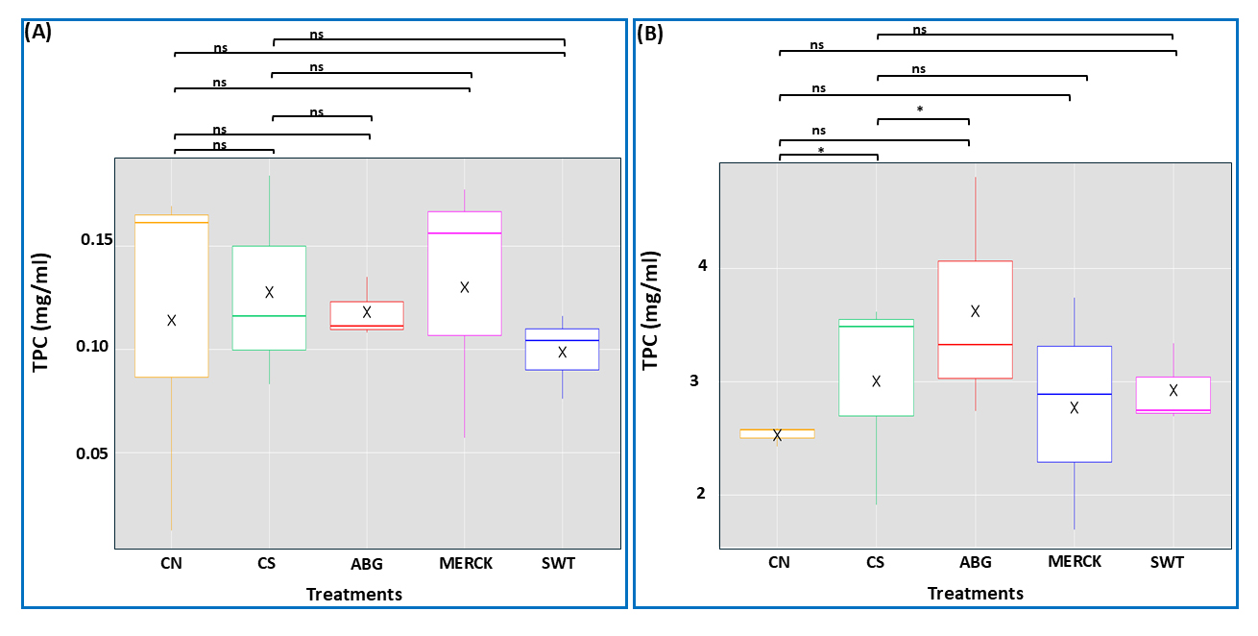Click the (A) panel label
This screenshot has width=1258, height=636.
pyautogui.click(x=39, y=31)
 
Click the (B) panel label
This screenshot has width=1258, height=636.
pyautogui.click(x=650, y=33)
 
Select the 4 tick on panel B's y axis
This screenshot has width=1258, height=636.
pyautogui.click(x=702, y=266)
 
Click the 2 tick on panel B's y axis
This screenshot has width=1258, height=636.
pyautogui.click(x=702, y=494)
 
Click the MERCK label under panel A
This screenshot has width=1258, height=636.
pyautogui.click(x=465, y=564)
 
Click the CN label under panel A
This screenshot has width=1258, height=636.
pyautogui.click(x=171, y=564)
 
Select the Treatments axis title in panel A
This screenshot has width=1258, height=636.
pyautogui.click(x=353, y=595)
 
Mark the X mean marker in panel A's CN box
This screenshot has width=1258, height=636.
pyautogui.click(x=172, y=320)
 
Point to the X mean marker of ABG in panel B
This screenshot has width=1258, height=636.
pyautogui.click(x=975, y=310)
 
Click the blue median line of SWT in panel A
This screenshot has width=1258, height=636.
pyautogui.click(x=563, y=340)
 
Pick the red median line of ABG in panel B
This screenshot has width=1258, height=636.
pyautogui.click(x=975, y=344)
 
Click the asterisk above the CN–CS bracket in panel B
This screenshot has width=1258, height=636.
pyautogui.click(x=821, y=150)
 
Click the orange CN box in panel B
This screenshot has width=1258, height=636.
pyautogui.click(x=779, y=433)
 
